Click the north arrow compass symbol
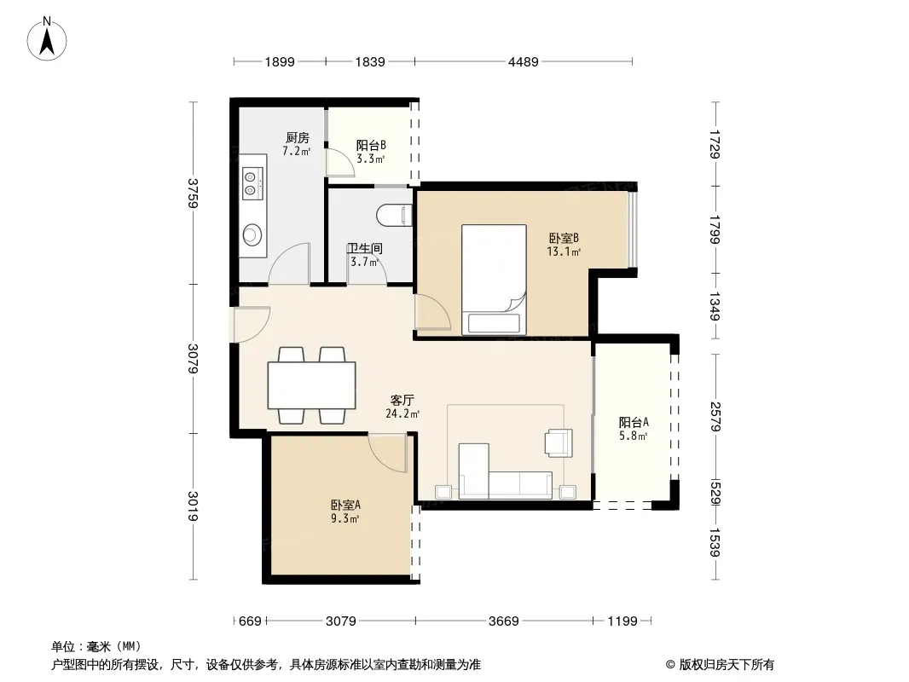pyautogui.click(x=47, y=39)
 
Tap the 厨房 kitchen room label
pyautogui.click(x=298, y=138)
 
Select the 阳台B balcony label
pyautogui.click(x=371, y=145)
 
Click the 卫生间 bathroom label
pyautogui.click(x=365, y=248)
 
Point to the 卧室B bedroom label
pyautogui.click(x=564, y=238)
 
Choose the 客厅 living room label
pyautogui.click(x=402, y=400)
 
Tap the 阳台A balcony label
pyautogui.click(x=633, y=422)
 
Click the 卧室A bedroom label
pyautogui.click(x=345, y=505)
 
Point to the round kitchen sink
pyautogui.click(x=252, y=234)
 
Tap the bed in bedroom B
pyautogui.click(x=494, y=280)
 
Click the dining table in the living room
pyautogui.click(x=312, y=385)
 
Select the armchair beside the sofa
pyautogui.click(x=559, y=443)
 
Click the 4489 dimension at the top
pyautogui.click(x=523, y=61)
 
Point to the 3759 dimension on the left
pyautogui.click(x=193, y=193)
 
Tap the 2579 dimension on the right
pyautogui.click(x=715, y=417)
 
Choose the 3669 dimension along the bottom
pyautogui.click(x=503, y=621)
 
